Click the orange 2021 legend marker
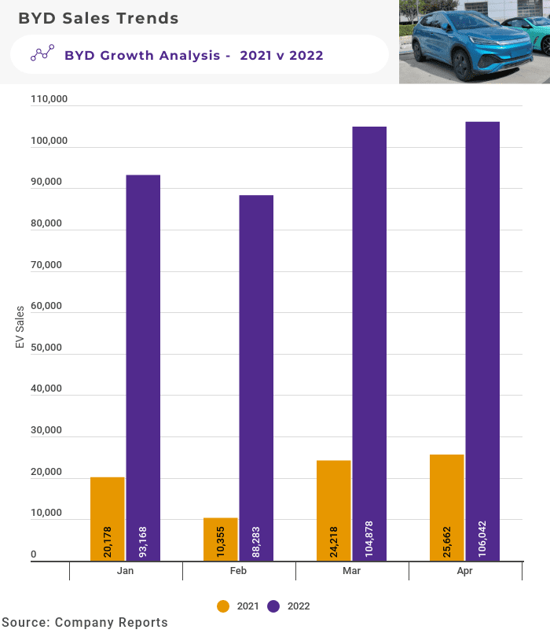coord(223,606)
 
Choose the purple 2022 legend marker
coord(274,606)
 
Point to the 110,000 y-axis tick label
coord(49,100)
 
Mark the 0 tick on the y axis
coord(34,554)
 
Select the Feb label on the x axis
coord(239,571)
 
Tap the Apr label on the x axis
coord(465,571)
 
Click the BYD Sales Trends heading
coord(98,17)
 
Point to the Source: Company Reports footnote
coord(84,622)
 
